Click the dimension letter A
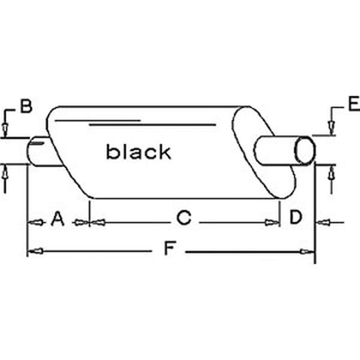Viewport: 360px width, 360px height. coord(58,219)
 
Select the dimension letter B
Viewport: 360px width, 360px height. coord(26,106)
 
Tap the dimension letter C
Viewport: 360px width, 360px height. coord(184,217)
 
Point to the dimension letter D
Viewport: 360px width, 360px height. coord(296,217)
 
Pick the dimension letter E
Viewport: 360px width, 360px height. coord(354,104)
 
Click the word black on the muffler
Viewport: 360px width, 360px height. coord(139,151)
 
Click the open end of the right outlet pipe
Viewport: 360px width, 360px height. coord(305,150)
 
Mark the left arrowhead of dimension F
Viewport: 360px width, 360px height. coord(36,251)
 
